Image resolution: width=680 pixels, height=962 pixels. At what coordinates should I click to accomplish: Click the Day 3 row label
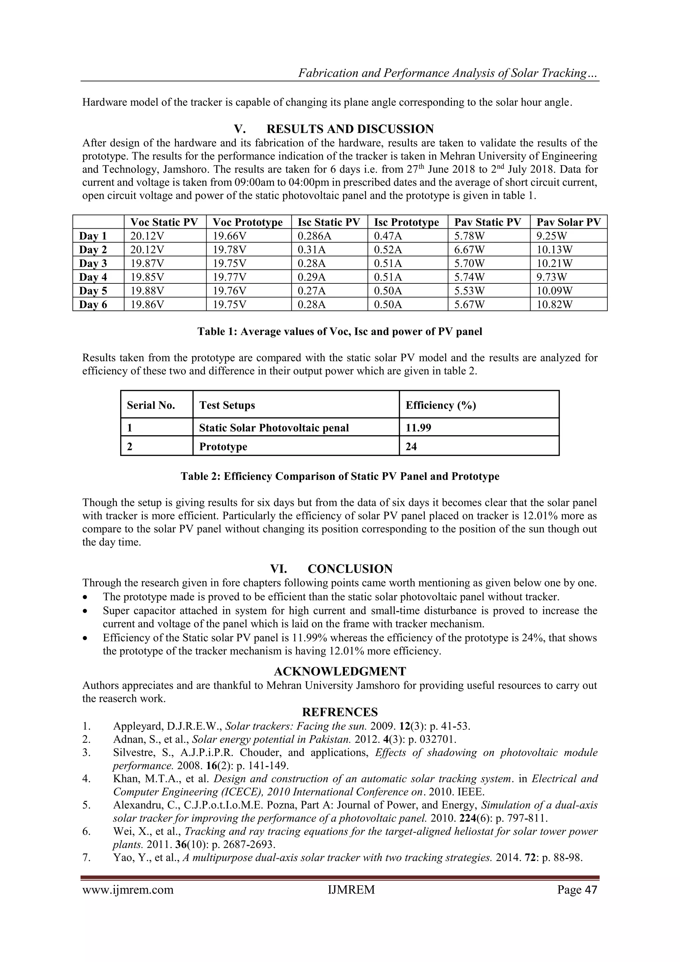(x=93, y=263)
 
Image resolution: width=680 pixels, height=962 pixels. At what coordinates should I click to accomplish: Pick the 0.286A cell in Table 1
(x=314, y=236)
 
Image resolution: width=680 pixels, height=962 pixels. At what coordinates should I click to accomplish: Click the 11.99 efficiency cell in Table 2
(x=418, y=427)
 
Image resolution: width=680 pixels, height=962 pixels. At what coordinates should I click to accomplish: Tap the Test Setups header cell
(x=227, y=405)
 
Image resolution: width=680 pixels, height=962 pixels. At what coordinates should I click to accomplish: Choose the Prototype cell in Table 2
(x=223, y=446)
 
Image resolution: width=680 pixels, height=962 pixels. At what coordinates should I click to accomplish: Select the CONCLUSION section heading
(x=350, y=569)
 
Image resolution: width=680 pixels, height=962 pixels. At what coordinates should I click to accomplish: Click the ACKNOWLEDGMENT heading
(x=340, y=672)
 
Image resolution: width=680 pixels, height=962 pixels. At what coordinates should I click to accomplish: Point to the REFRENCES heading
(x=340, y=712)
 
